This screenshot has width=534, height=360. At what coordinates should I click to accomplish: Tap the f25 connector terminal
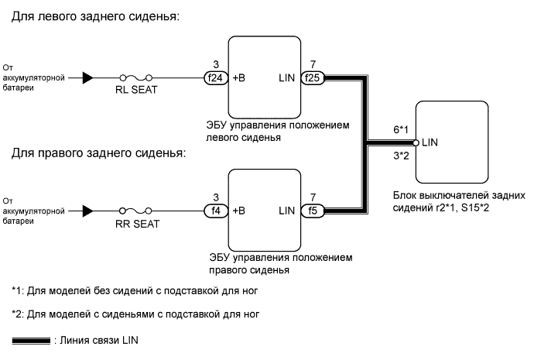(312, 77)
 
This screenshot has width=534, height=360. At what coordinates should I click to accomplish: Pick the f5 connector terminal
(312, 210)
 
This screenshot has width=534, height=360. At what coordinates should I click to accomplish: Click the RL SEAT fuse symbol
(135, 77)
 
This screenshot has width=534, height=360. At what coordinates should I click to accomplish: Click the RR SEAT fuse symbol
(135, 210)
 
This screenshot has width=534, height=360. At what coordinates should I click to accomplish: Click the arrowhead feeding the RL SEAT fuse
(88, 77)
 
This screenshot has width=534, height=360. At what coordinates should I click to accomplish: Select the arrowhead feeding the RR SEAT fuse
(88, 210)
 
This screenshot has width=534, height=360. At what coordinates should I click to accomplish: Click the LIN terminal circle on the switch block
(416, 143)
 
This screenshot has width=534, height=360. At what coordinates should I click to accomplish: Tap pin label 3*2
(400, 156)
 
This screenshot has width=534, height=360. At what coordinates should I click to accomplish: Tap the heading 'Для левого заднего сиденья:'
(95, 17)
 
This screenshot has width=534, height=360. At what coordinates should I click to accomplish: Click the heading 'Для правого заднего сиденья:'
(99, 153)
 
